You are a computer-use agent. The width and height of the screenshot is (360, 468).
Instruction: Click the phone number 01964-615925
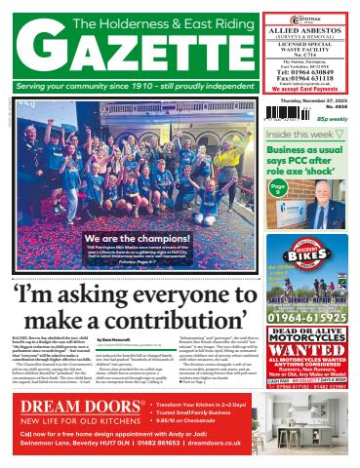[308, 318]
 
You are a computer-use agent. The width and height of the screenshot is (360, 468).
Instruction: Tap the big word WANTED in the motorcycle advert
[308, 349]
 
